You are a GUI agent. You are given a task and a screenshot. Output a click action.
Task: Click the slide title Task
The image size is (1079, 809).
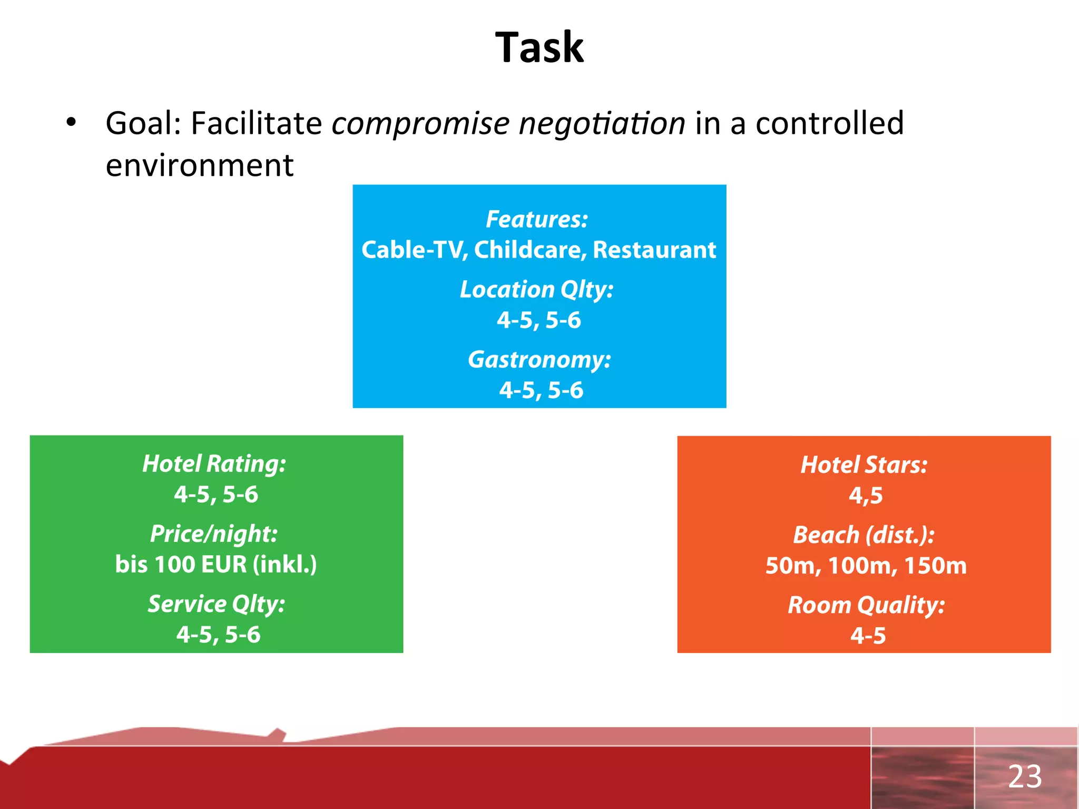point(539,48)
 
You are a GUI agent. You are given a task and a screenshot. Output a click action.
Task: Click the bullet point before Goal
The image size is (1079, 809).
point(71,123)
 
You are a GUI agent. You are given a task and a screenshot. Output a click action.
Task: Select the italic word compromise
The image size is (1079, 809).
point(420,124)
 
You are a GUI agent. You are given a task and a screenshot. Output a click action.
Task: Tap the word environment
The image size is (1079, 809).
point(199,165)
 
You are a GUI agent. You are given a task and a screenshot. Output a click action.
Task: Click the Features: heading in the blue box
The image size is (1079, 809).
point(537,219)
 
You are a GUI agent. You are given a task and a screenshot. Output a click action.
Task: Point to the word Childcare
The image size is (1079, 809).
point(530,250)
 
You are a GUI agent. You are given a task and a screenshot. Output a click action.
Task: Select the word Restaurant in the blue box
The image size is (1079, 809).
point(654,250)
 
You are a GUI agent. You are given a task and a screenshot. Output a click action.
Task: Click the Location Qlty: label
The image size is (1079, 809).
point(537,290)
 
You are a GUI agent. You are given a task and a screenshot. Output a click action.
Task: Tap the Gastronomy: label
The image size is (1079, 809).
point(539,360)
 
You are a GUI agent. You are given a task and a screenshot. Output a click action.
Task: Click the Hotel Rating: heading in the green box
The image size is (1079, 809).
point(214,464)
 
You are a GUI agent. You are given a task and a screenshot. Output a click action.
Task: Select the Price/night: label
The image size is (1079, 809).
point(214,534)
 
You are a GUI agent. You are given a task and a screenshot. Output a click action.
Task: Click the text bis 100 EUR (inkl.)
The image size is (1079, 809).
point(216,565)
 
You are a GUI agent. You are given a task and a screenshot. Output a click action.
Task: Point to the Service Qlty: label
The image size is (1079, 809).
point(216,604)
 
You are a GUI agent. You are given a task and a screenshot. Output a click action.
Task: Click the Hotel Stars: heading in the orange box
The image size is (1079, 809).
point(864,465)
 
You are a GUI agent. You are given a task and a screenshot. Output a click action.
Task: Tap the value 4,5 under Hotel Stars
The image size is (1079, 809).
point(866,496)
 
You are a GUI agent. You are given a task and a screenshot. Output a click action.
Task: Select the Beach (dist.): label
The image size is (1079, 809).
point(864,535)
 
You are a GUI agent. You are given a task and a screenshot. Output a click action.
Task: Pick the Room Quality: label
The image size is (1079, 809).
point(866,605)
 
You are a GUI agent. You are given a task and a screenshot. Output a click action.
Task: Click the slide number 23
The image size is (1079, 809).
point(1025,776)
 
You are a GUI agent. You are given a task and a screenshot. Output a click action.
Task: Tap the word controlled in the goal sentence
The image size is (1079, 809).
point(830,123)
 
